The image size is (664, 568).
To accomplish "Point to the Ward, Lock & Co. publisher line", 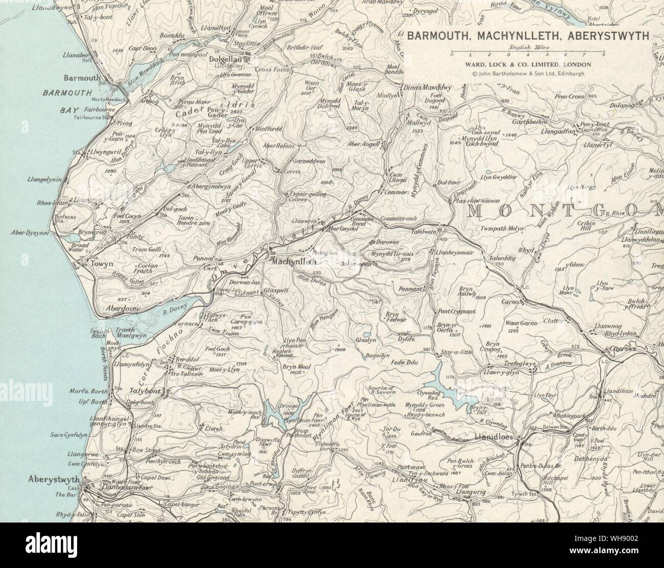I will coord(528,64).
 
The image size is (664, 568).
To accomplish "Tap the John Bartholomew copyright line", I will coord(528,73).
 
